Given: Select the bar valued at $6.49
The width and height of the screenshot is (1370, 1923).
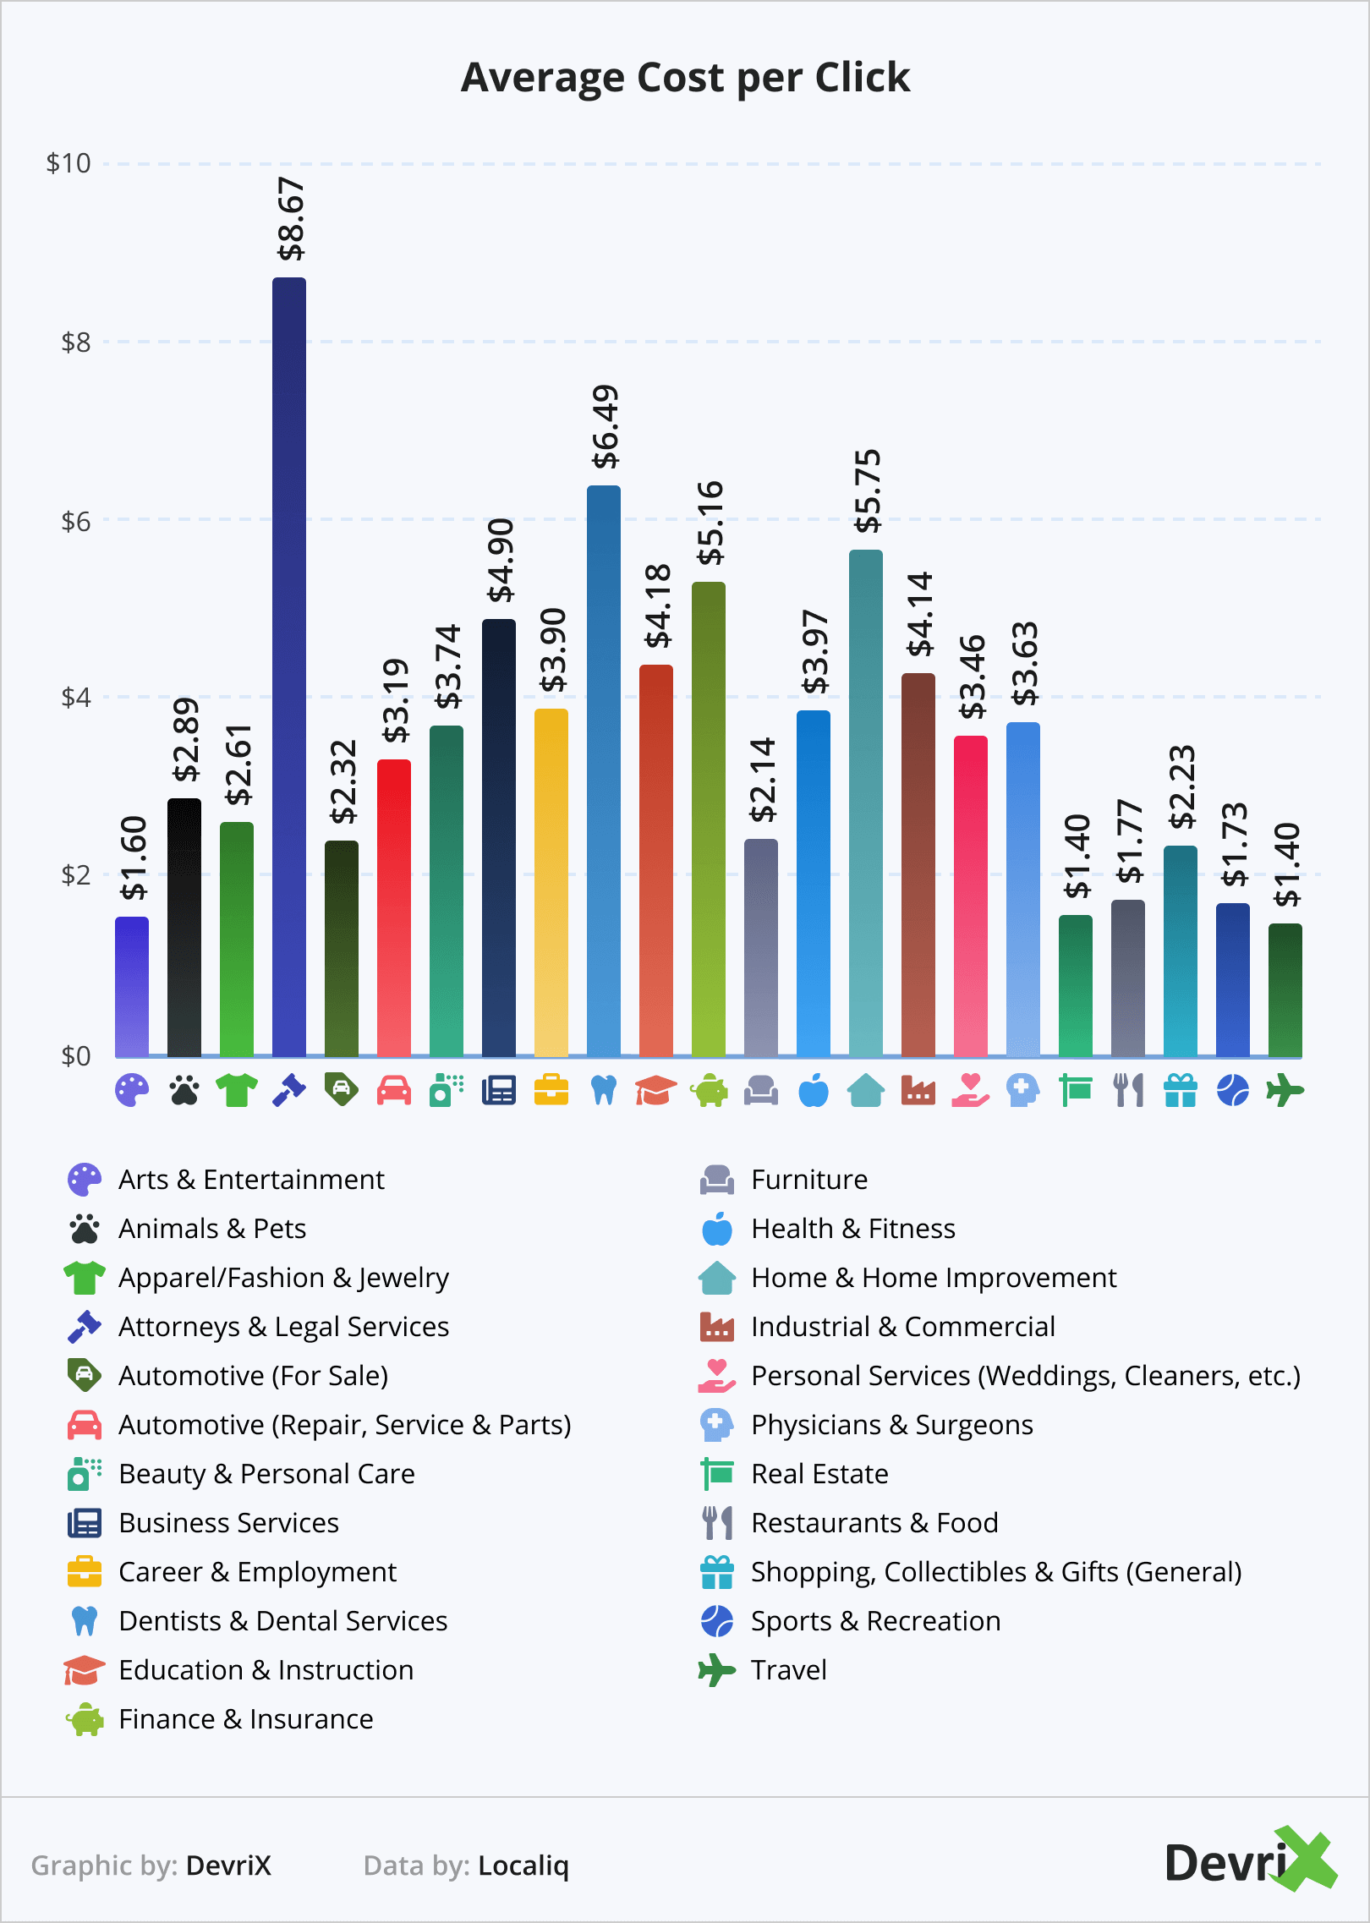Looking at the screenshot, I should [604, 770].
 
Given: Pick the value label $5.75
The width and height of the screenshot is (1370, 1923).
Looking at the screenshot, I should [868, 490].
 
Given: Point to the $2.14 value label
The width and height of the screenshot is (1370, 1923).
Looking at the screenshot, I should [763, 780].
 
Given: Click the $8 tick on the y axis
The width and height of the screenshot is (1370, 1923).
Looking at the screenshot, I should [76, 342].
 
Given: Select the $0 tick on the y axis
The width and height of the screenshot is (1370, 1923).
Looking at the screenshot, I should [76, 1055].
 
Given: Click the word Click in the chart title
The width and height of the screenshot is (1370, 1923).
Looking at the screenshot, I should [862, 78].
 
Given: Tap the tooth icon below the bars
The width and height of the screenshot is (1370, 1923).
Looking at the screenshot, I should [604, 1091].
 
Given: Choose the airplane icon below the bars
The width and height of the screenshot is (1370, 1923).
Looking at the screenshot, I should [1285, 1091].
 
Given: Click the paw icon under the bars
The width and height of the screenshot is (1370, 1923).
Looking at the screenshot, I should [184, 1091].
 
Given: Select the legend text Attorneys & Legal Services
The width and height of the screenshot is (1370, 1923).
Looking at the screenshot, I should [283, 1327].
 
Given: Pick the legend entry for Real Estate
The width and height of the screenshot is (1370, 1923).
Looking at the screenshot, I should [819, 1474].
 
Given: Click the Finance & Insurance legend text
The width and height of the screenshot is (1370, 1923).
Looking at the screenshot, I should [245, 1719].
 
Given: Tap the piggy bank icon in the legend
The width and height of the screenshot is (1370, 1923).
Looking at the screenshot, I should [85, 1719].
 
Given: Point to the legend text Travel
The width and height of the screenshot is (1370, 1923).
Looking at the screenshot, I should [788, 1670].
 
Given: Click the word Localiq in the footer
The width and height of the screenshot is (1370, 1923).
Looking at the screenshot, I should [523, 1865].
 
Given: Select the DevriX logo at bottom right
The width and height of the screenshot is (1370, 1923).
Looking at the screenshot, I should [1249, 1860].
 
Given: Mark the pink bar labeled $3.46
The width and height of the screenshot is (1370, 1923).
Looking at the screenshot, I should [971, 896].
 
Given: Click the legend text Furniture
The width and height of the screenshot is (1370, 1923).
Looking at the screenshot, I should [809, 1180].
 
